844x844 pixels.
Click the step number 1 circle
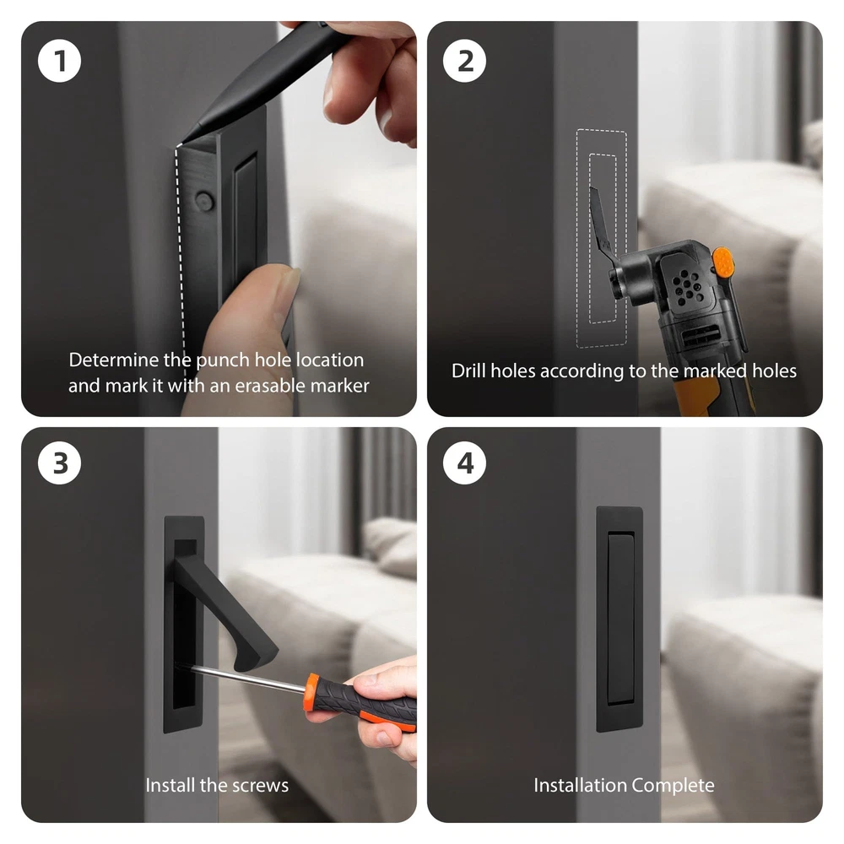click(x=59, y=60)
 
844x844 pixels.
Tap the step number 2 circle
click(x=464, y=60)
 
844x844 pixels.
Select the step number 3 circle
click(x=59, y=463)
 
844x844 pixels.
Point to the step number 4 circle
click(x=464, y=463)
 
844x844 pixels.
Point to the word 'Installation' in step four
click(x=581, y=785)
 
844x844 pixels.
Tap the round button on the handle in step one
click(x=204, y=201)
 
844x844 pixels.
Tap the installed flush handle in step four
click(x=619, y=619)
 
